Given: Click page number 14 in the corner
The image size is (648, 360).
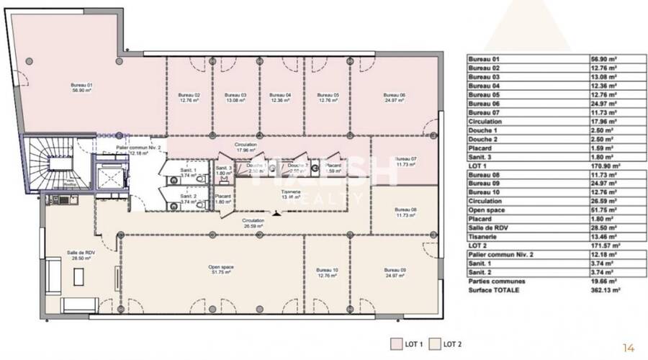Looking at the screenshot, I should (x=629, y=348).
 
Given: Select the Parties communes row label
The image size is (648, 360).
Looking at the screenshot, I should (x=496, y=281).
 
